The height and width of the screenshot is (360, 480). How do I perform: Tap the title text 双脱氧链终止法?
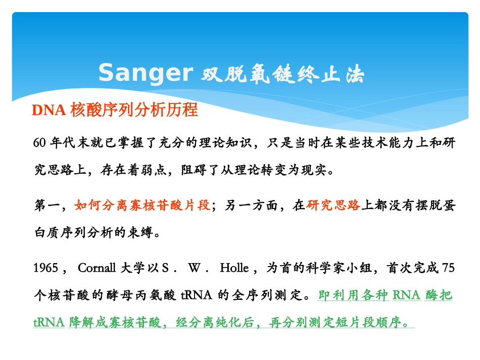(282, 74)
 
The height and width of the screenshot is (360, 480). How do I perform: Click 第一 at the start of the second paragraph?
(47, 205)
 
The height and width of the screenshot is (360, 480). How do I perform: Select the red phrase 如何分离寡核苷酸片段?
(142, 205)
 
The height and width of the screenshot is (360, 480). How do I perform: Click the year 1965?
(46, 268)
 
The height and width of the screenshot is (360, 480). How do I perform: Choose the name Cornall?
(97, 268)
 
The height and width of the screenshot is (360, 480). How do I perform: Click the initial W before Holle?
(195, 268)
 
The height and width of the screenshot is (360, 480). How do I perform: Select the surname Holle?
(234, 268)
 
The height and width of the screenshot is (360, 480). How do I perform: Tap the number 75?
(448, 268)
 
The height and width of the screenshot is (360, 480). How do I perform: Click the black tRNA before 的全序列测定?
(197, 295)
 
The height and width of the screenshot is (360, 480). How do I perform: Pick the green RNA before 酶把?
(406, 295)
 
